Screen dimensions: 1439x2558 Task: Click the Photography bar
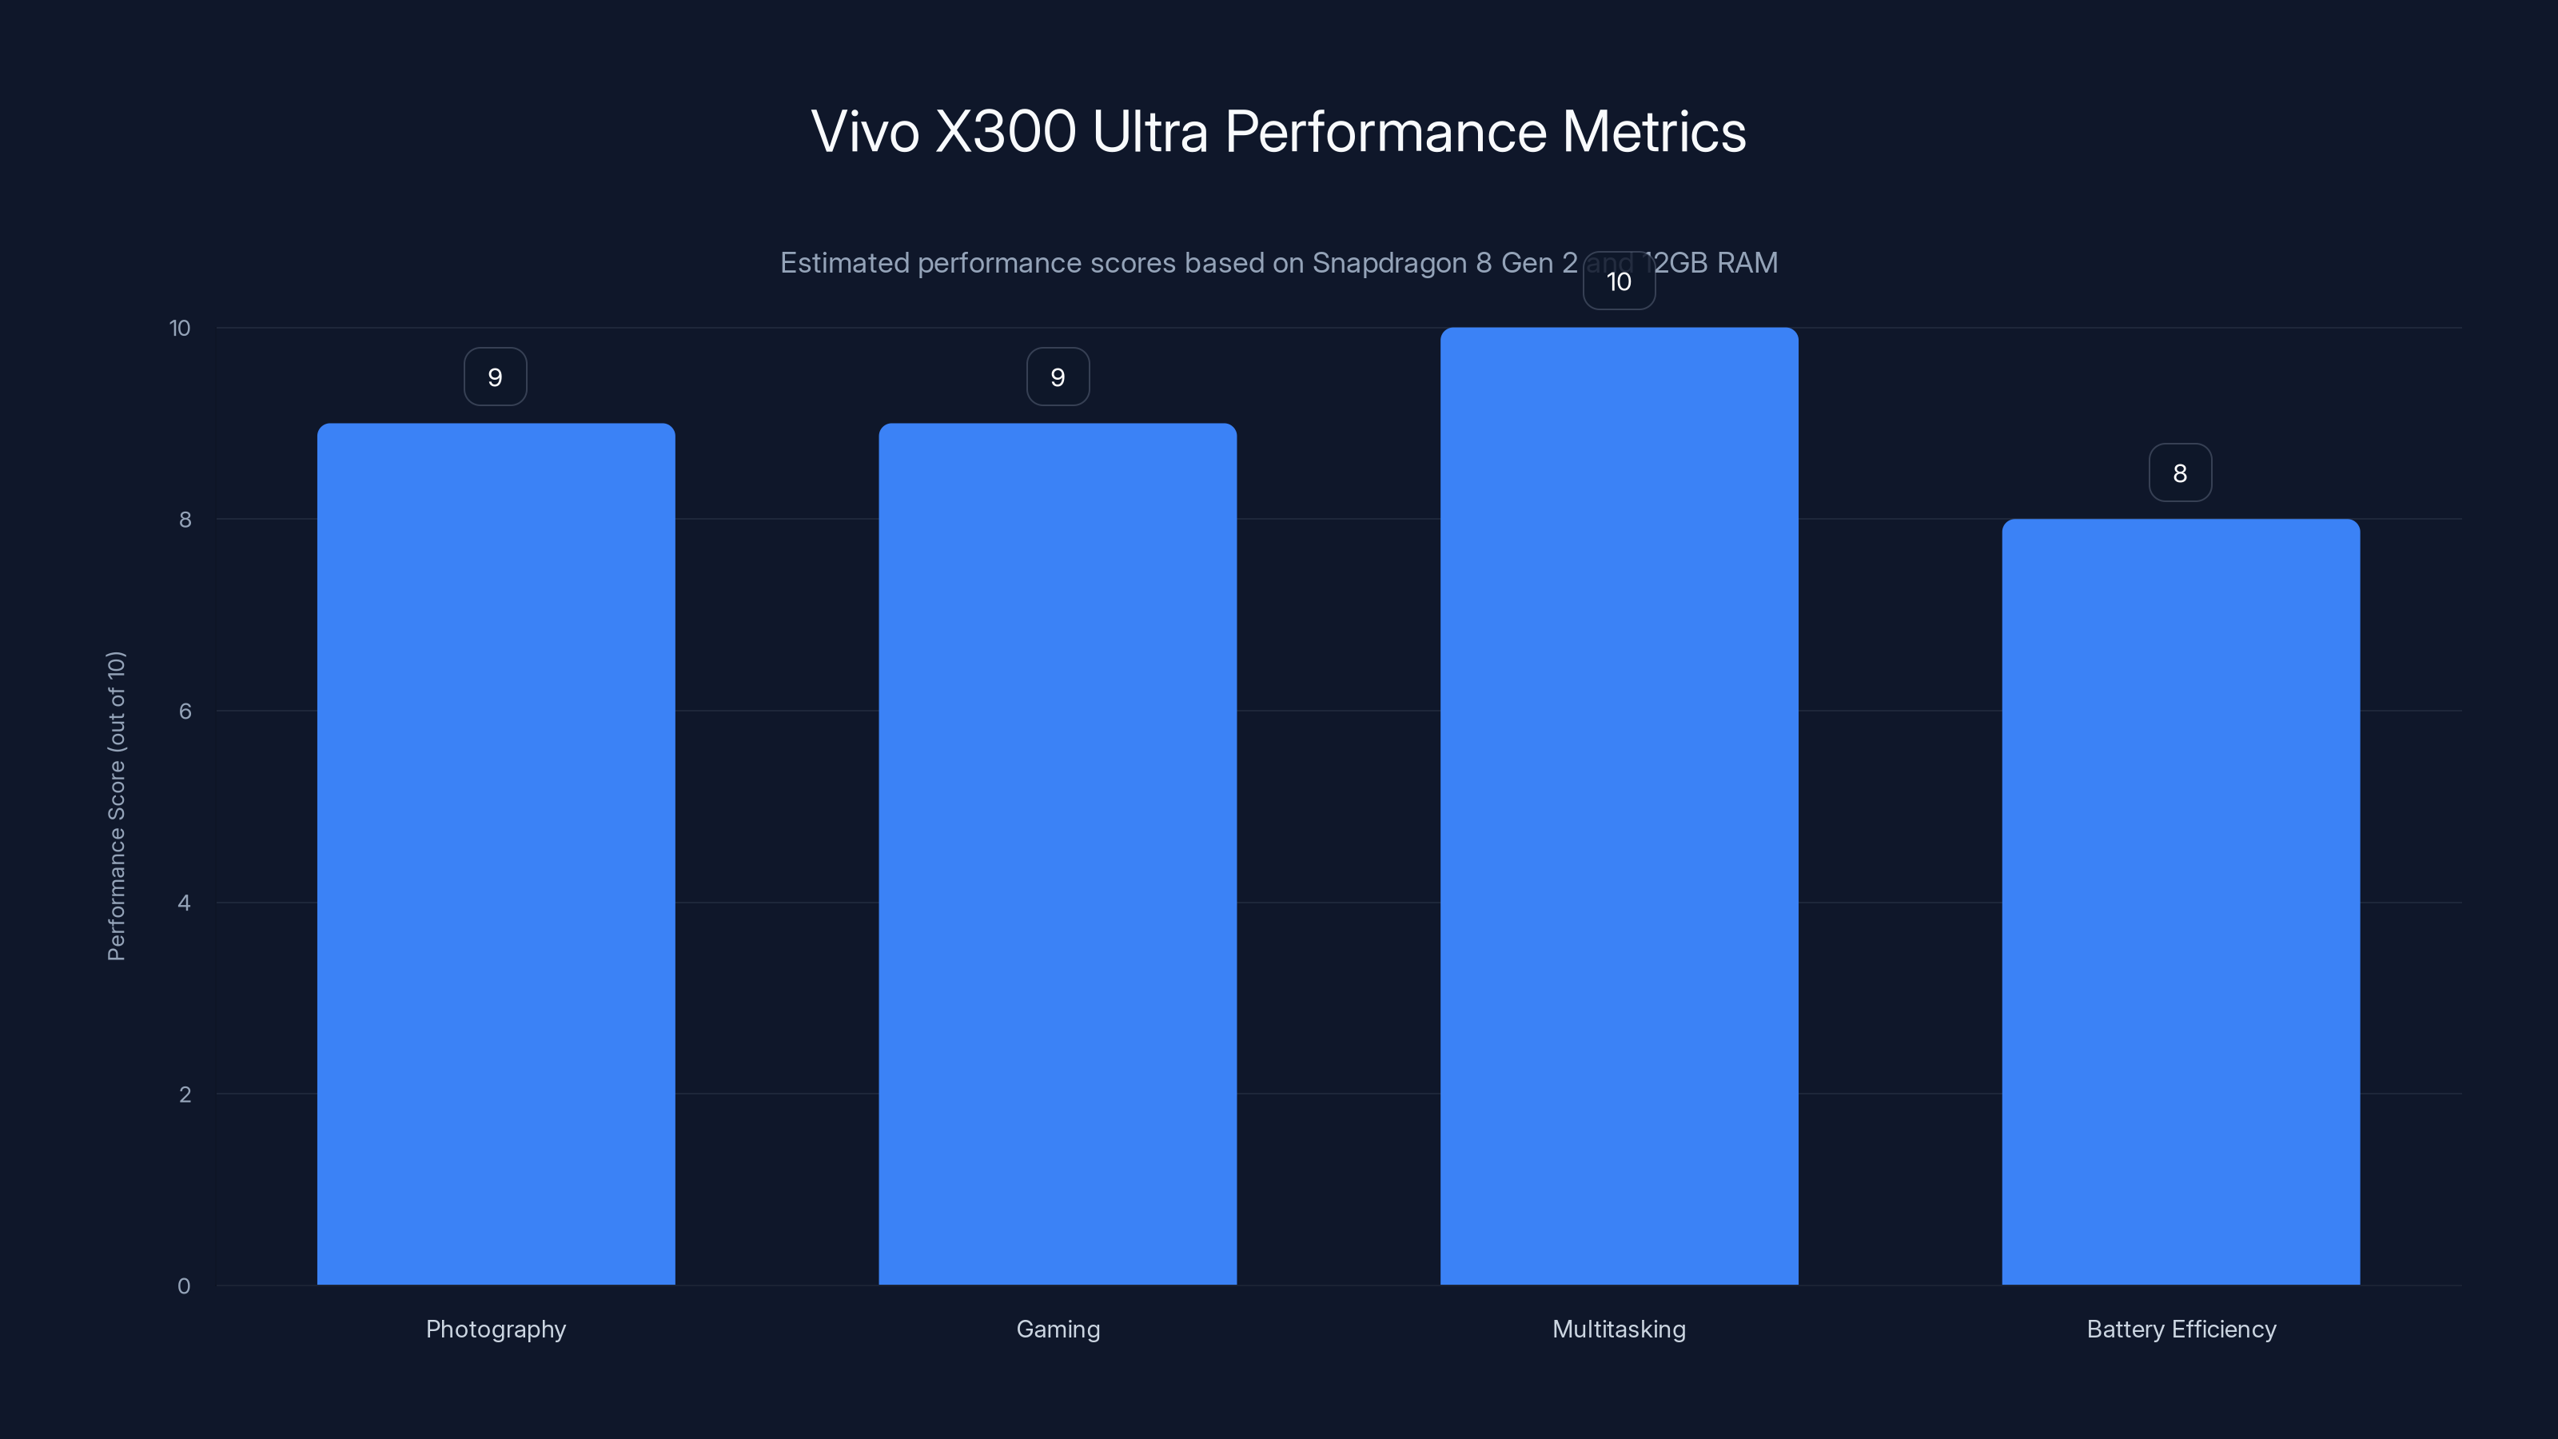[x=496, y=854]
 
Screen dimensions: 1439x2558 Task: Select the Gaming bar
[x=1058, y=854]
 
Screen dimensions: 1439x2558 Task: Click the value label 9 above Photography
[x=496, y=377]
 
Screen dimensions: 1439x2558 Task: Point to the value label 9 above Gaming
[x=1058, y=377]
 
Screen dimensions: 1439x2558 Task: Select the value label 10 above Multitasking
[x=1619, y=282]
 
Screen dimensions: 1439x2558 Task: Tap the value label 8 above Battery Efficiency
[x=2180, y=474]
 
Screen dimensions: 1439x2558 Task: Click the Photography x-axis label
[x=496, y=1329]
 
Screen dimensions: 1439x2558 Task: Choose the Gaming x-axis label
[x=1058, y=1329]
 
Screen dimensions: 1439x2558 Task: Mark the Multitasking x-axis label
[x=1619, y=1329]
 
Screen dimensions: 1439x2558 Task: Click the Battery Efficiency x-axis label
[x=2181, y=1329]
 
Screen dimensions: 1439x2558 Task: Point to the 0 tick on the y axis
[x=184, y=1286]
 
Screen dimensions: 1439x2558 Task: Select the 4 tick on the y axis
[x=184, y=903]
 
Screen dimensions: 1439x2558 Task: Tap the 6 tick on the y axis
[x=185, y=711]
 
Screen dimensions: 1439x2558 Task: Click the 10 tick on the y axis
[x=180, y=328]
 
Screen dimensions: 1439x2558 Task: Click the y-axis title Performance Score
[x=116, y=805]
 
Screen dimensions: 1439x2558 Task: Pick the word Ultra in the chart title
[x=1149, y=131]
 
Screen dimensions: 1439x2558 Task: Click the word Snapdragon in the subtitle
[x=1389, y=263]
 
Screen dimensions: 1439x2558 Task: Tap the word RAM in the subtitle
[x=1747, y=263]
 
